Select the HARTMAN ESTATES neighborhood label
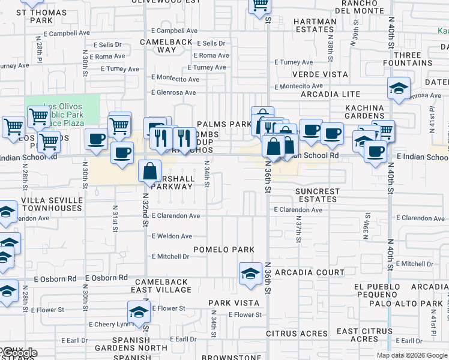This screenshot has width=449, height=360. (x=315, y=25)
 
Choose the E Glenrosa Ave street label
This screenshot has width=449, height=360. (x=173, y=92)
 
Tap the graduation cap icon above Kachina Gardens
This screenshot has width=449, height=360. (x=399, y=89)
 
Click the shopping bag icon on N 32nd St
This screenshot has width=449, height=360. (x=149, y=171)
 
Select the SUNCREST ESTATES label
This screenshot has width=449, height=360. (x=318, y=196)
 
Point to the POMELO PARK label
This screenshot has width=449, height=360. (x=224, y=249)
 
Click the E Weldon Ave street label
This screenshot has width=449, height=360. (x=172, y=236)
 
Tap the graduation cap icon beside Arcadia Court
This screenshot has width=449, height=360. (x=250, y=274)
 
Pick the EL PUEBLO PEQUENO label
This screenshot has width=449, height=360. (x=377, y=290)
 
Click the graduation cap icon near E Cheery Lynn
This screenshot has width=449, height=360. (x=139, y=313)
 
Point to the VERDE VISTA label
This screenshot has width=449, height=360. (x=320, y=74)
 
